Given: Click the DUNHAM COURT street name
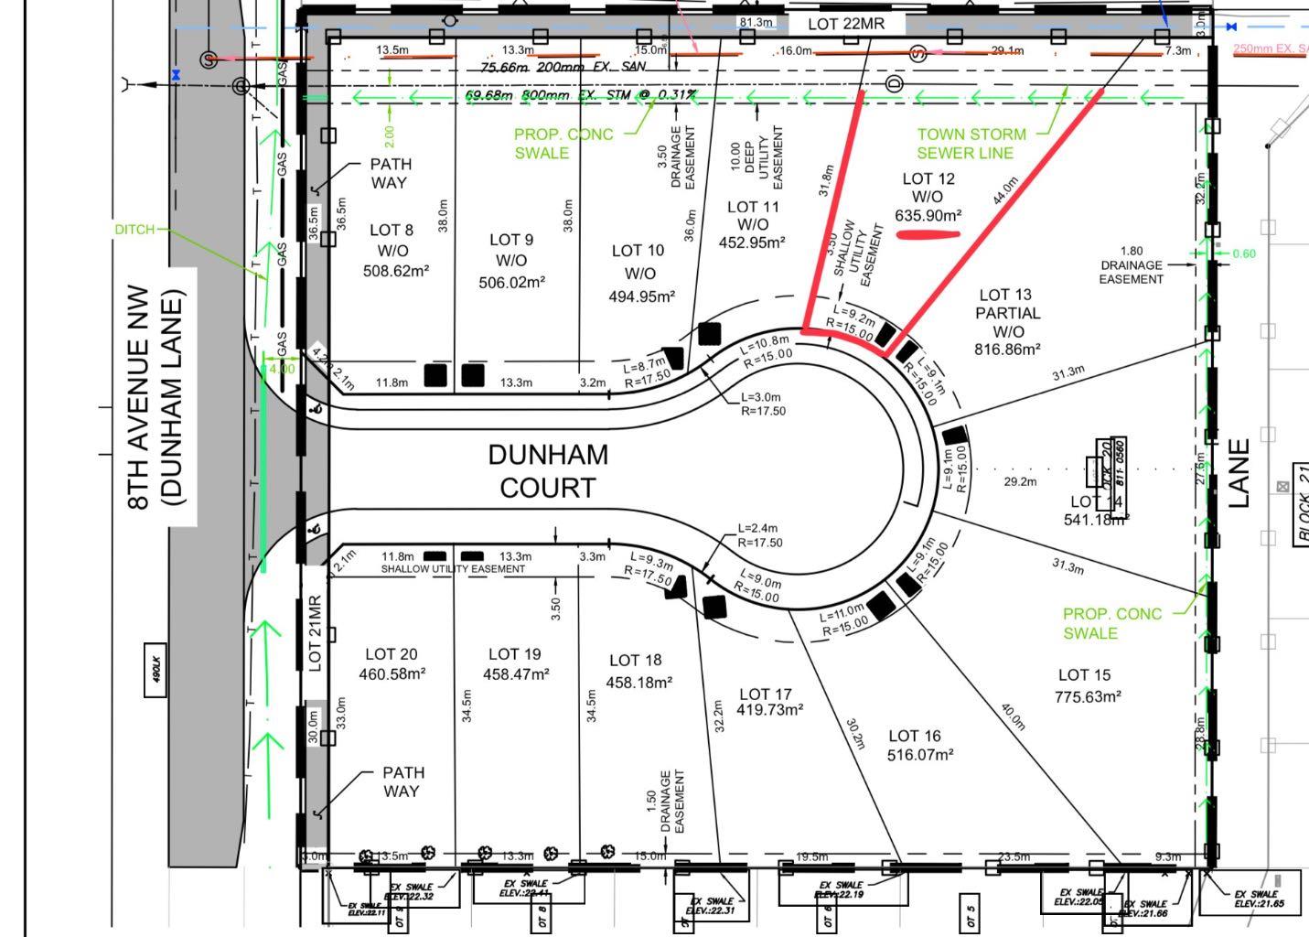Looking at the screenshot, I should pos(547,471).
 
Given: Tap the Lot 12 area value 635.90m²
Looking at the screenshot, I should pos(928,216).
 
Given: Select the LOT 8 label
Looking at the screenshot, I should pos(391,231).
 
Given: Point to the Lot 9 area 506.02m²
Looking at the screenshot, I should pos(511,283).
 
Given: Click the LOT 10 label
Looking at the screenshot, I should pos(638,251).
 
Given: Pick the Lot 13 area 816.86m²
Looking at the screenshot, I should pos(1003,350).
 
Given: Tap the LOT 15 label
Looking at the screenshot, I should pos(1084,675).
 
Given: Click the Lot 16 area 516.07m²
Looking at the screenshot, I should pos(920,755).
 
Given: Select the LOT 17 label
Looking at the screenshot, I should pos(765,695).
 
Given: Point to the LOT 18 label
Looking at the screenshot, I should pos(635,661).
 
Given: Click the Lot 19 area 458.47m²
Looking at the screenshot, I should pos(516,674).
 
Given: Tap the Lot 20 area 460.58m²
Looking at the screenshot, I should pos(392,674).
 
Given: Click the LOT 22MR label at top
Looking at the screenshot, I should pos(846,24).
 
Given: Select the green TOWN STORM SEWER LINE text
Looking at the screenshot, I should pos(971,144).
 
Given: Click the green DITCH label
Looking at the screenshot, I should pos(134,229).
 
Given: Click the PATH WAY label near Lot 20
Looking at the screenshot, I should pos(402,781).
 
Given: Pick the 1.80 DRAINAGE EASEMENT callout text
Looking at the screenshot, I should pos(1131,264).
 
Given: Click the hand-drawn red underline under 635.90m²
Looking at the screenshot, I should pos(928,234).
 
